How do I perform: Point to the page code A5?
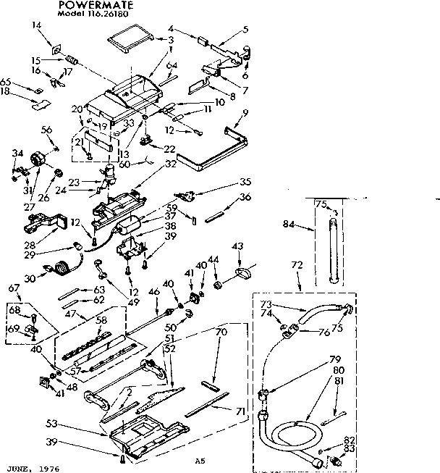click(200, 460)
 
